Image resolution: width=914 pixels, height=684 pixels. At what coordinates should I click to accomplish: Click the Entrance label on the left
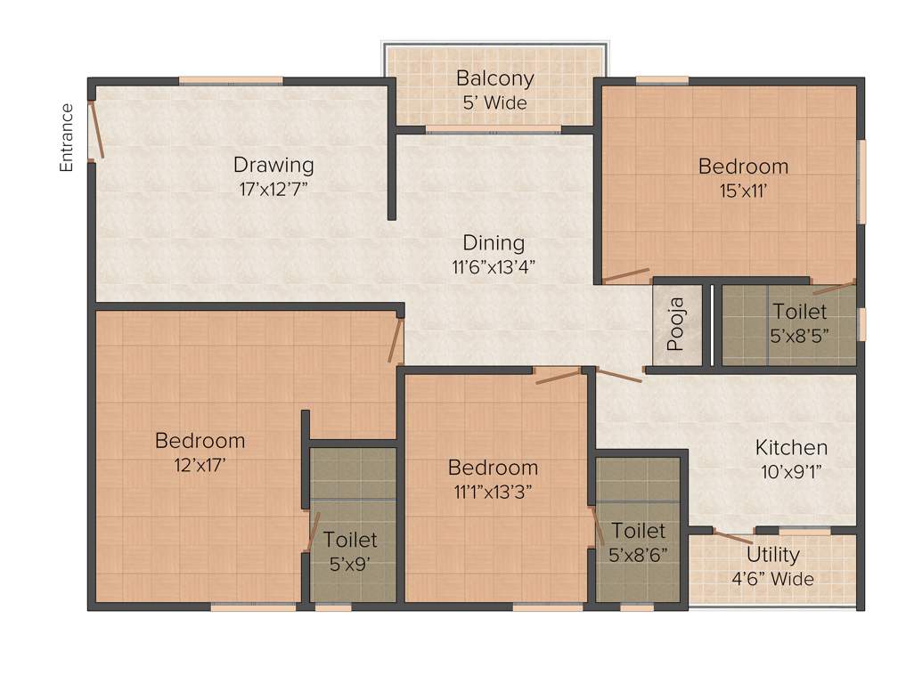[x=66, y=137]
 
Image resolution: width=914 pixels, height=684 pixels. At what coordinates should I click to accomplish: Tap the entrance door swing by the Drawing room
[x=96, y=130]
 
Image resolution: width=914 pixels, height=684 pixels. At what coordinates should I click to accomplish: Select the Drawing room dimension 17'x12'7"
[x=273, y=187]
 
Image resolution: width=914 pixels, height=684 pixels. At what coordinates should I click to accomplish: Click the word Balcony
[x=494, y=78]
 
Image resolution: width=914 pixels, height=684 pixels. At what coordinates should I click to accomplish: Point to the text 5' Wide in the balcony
[x=494, y=102]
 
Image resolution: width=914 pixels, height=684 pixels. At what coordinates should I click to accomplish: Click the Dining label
[x=494, y=242]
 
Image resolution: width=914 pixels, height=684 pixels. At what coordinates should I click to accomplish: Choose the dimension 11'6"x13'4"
[x=494, y=265]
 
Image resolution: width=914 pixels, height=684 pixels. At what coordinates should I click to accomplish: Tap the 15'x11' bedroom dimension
[x=743, y=189]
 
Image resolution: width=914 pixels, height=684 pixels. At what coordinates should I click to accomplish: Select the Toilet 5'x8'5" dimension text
[x=799, y=336]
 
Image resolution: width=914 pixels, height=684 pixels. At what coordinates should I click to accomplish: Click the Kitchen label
[x=791, y=447]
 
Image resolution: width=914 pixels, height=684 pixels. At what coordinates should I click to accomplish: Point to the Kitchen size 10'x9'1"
[x=791, y=471]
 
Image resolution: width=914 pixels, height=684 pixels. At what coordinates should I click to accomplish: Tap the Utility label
[x=772, y=555]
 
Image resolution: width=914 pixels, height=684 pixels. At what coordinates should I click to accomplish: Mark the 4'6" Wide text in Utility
[x=772, y=579]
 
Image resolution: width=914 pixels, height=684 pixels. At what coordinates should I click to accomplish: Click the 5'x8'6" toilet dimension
[x=638, y=554]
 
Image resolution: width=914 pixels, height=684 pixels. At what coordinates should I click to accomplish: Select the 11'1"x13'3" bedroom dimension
[x=493, y=491]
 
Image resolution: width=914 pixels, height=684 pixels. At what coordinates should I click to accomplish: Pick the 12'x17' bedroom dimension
[x=200, y=463]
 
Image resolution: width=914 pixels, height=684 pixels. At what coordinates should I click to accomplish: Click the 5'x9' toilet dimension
[x=350, y=563]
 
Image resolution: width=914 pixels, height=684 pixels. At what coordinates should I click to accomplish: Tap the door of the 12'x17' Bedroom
[x=396, y=342]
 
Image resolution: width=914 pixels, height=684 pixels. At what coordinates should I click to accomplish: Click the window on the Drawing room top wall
[x=231, y=81]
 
